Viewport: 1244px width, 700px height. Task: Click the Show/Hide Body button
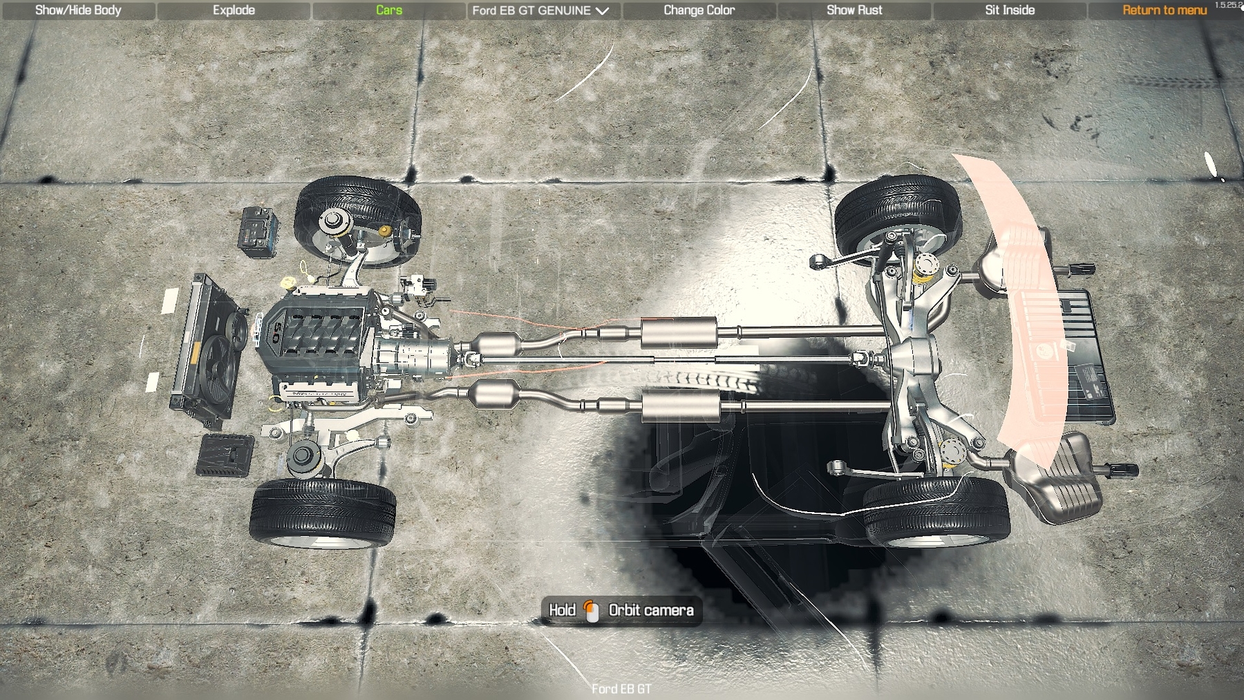coord(78,10)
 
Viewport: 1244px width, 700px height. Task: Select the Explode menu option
coord(234,10)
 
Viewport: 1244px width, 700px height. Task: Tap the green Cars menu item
coord(389,10)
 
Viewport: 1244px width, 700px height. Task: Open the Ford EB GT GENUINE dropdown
coord(540,10)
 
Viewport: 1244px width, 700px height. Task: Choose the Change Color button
coord(699,10)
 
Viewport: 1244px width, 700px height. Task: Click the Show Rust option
coord(854,10)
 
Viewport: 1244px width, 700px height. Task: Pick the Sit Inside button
coord(1010,10)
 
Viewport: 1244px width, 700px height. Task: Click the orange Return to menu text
coord(1165,10)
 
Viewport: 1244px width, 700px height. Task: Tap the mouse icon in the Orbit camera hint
coord(592,611)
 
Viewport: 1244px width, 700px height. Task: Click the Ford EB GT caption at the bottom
coord(621,689)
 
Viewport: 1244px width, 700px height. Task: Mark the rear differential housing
coord(914,359)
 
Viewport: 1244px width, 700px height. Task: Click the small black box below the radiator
coord(225,455)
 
